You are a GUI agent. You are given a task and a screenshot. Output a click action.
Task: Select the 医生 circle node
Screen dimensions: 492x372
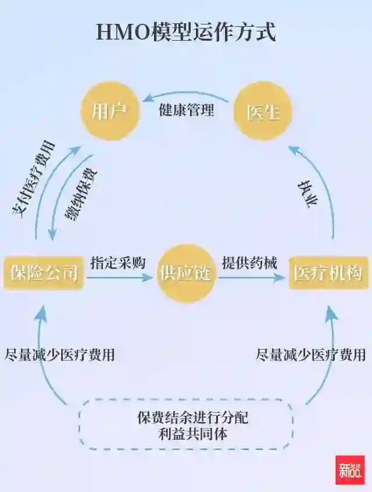tap(263, 110)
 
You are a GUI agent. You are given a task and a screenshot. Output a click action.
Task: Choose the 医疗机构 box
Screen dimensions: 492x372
tap(328, 272)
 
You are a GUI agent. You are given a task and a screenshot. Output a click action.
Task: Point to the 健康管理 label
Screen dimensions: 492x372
tap(186, 109)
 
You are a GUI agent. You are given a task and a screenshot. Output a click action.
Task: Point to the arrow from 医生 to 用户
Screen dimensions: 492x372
tap(186, 93)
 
